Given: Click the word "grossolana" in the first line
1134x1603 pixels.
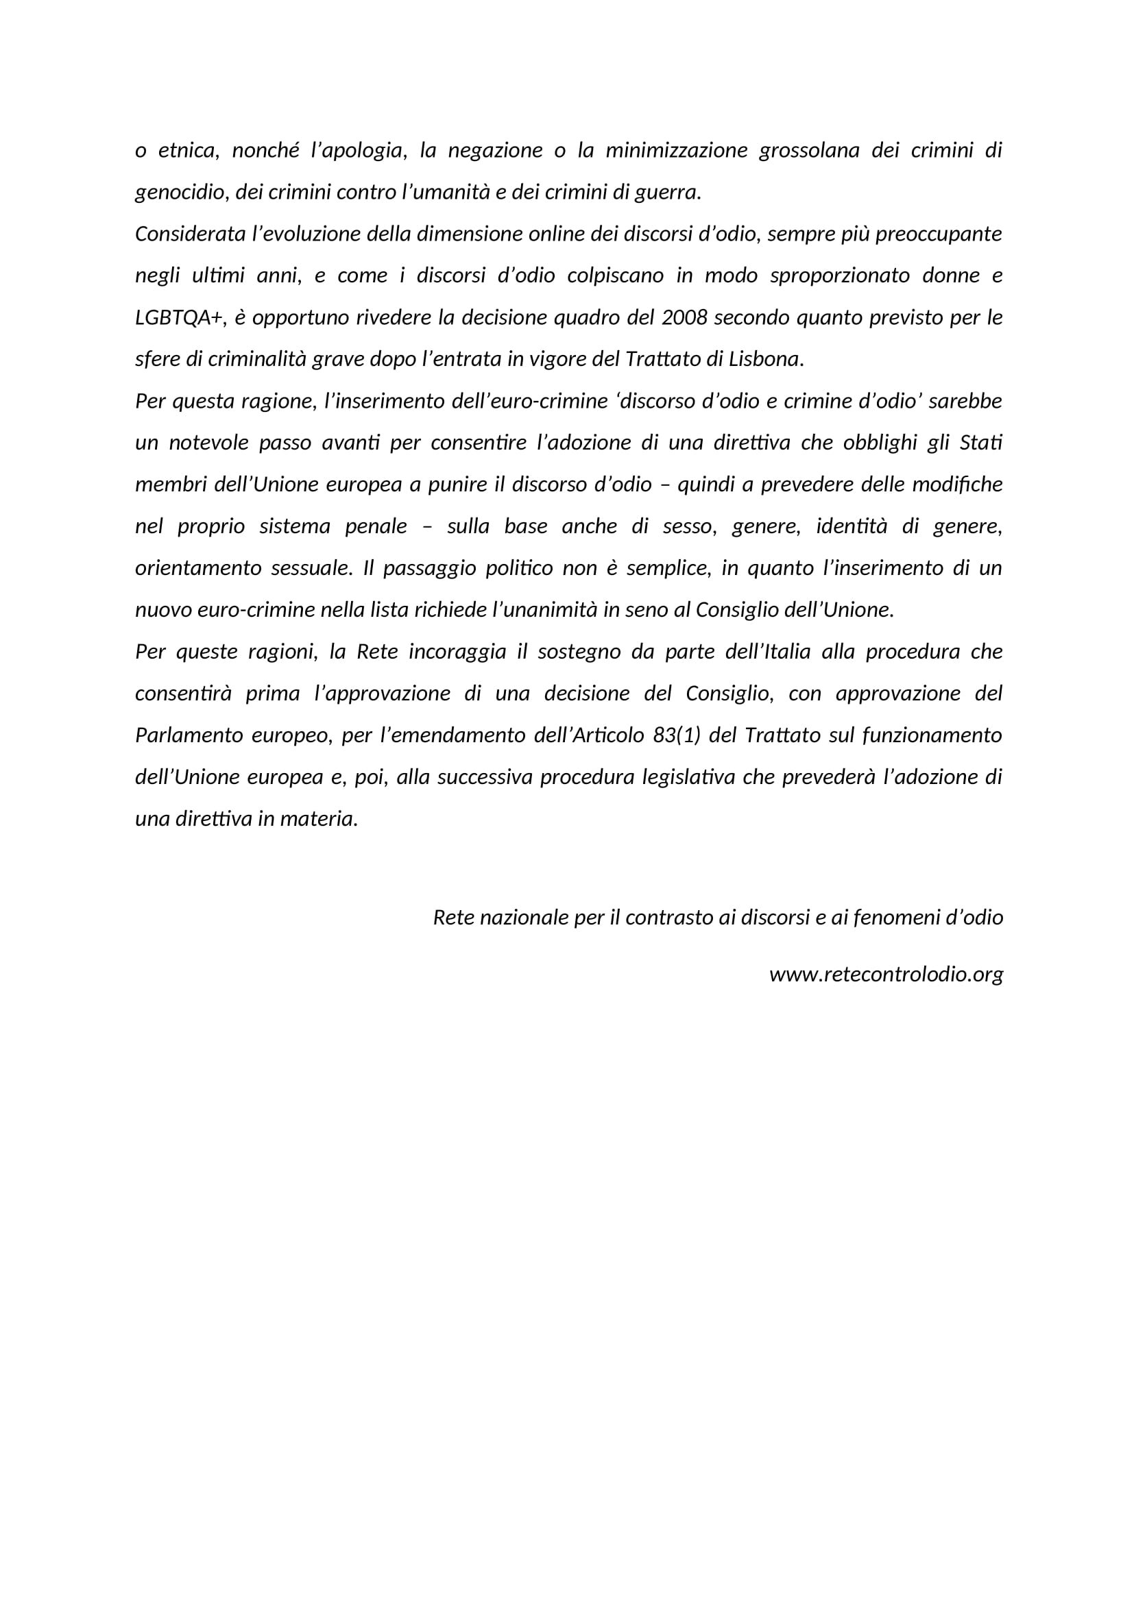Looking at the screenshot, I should tap(808, 151).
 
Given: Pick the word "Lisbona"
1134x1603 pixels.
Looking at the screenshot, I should tap(764, 359).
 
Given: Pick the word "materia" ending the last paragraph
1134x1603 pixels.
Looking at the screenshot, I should tap(317, 818).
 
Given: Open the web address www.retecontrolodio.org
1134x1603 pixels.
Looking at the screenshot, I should tap(886, 975).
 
